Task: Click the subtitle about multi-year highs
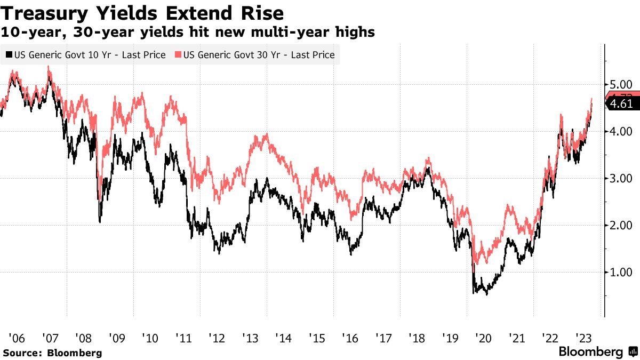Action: click(188, 33)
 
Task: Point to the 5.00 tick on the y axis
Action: click(620, 84)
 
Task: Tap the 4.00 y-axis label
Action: click(620, 131)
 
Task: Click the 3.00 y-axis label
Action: click(620, 178)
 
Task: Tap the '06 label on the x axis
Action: click(17, 338)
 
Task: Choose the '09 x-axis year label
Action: click(117, 338)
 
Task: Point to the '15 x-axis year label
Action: click(317, 338)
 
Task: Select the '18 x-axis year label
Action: click(417, 338)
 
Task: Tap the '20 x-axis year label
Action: click(484, 338)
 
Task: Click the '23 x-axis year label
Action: click(583, 338)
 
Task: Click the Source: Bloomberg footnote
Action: click(52, 353)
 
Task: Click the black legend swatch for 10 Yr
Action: click(9, 55)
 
